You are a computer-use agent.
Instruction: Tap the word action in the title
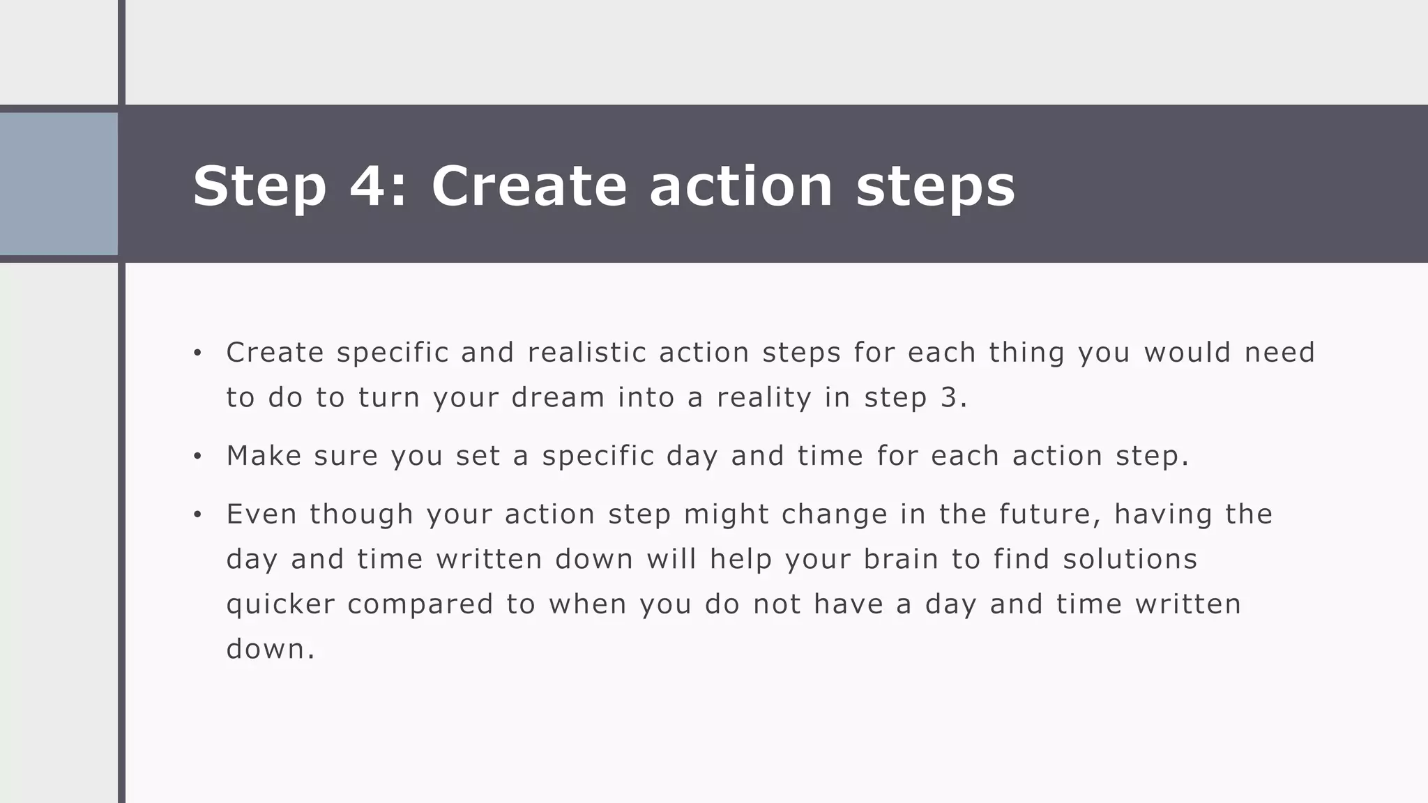click(x=740, y=185)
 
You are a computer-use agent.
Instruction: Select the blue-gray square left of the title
click(x=59, y=184)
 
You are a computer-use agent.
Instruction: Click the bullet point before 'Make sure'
click(x=197, y=457)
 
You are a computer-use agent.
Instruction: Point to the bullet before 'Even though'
click(x=197, y=515)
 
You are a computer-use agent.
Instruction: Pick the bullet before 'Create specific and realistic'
click(x=197, y=353)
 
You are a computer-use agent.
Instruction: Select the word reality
click(x=764, y=398)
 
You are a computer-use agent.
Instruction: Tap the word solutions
click(x=1130, y=559)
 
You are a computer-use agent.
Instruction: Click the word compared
click(x=420, y=604)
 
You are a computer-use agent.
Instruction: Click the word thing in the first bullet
click(x=1026, y=353)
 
